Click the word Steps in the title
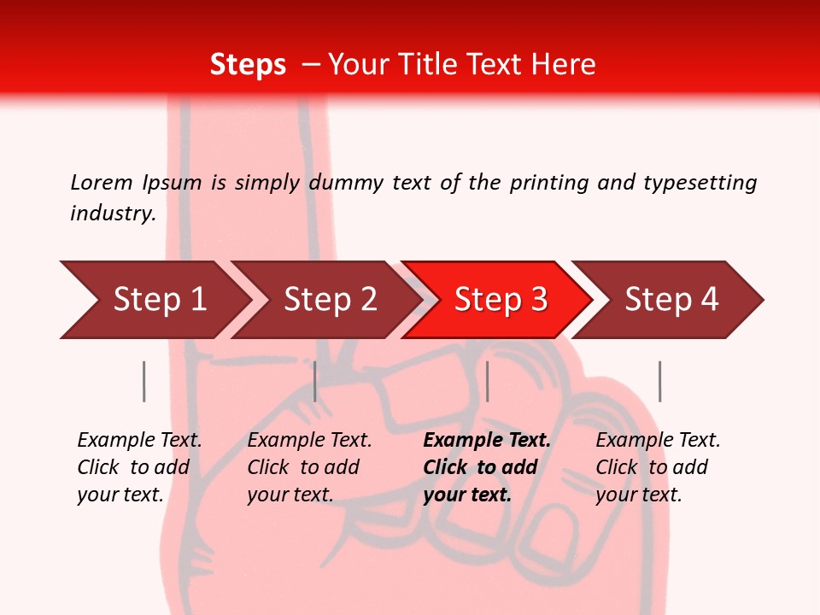[248, 65]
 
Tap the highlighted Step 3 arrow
[501, 300]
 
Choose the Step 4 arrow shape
[671, 300]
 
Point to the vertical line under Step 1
[144, 381]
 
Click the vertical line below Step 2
[315, 381]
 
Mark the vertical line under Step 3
[487, 381]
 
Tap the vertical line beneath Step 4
[659, 381]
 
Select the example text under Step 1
[139, 467]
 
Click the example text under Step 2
[309, 467]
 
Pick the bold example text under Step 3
[486, 467]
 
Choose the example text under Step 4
[658, 467]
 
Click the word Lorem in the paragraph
[101, 182]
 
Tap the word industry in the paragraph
[113, 214]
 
